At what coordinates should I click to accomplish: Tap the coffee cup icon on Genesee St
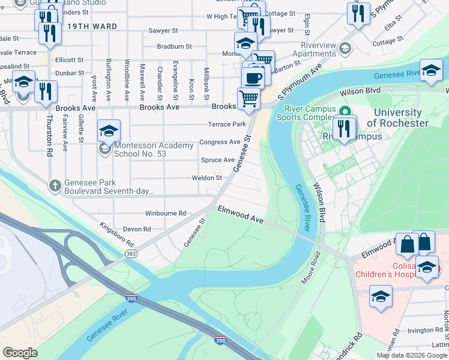click(x=253, y=77)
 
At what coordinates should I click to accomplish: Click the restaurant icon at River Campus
click(x=344, y=128)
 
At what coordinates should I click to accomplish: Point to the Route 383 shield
click(x=130, y=254)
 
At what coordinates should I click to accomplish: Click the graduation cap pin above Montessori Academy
click(x=109, y=130)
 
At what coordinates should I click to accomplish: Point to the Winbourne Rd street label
click(x=166, y=213)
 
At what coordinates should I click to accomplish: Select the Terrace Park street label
click(x=227, y=124)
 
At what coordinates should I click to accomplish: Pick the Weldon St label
click(x=206, y=178)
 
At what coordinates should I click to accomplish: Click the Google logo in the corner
click(x=20, y=353)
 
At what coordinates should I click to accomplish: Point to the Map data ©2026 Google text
click(x=412, y=355)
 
